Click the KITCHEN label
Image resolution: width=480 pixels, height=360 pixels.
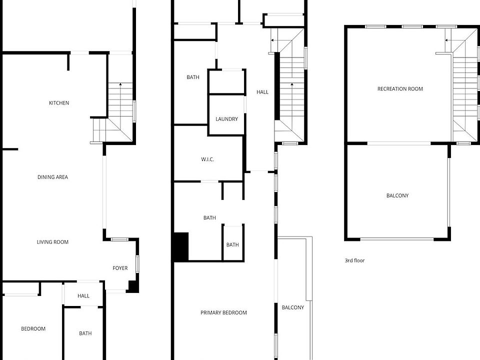59,103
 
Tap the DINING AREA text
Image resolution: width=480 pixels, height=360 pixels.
52,177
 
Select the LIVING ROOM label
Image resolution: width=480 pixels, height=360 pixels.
52,242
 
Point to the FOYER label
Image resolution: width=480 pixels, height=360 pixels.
120,268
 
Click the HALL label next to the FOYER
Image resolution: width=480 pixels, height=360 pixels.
83,296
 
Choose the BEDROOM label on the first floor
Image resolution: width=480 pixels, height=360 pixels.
33,328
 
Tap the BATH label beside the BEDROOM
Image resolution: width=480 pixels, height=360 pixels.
85,333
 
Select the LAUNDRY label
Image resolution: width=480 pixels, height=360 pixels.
226,119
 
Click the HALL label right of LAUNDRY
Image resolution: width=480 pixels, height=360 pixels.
262,92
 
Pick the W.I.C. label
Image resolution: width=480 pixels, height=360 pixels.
207,159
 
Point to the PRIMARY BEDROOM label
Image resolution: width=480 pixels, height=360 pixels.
223,312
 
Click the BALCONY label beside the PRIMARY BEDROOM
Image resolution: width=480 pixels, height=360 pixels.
292,307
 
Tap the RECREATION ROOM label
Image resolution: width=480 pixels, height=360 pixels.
400,89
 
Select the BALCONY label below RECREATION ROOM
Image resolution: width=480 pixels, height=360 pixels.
397,195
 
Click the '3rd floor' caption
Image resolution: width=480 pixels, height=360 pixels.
354,260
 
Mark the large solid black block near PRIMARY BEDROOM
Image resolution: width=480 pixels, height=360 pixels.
180,247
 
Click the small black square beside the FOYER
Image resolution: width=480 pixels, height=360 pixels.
133,286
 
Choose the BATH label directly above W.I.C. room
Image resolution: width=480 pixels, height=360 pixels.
193,77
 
